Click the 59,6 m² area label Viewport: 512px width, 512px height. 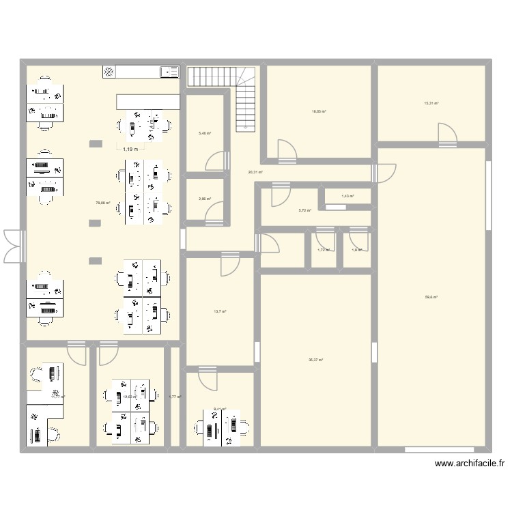click(431, 297)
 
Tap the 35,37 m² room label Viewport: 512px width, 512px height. click(316, 360)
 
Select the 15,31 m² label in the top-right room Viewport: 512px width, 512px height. click(431, 104)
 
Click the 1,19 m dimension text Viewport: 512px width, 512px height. click(129, 149)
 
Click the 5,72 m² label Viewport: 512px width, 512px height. click(304, 210)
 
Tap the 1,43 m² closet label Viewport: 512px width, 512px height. click(347, 197)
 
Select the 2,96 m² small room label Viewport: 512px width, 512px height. click(205, 199)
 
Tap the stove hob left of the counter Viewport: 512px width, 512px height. click(109, 70)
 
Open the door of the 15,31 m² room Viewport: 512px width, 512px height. click(448, 136)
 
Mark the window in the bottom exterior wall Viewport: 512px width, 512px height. click(439, 449)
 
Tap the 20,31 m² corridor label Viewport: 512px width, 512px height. click(255, 172)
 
